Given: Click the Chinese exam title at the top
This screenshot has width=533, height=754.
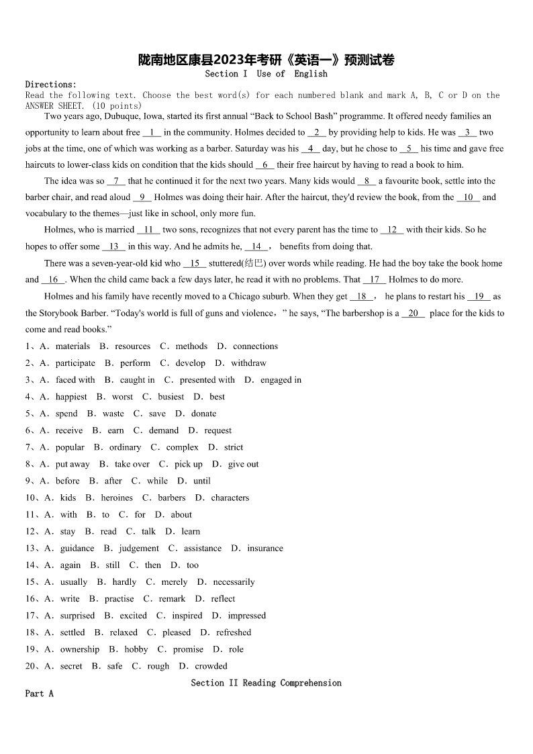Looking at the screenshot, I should click(x=266, y=60).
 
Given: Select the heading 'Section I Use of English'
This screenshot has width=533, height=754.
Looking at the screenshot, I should click(x=266, y=74).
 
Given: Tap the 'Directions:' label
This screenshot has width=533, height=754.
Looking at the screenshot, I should click(x=51, y=85).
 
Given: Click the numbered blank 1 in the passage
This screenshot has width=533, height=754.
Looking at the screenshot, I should click(x=152, y=133).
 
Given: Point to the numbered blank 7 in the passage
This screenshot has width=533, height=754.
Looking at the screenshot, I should click(x=116, y=181).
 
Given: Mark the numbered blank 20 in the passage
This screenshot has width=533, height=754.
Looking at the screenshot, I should click(x=414, y=314).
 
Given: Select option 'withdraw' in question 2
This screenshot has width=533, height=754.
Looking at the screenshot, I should click(x=248, y=363).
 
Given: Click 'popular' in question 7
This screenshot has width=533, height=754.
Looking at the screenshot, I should click(x=70, y=447).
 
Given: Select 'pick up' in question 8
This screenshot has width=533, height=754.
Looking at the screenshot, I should click(x=188, y=464).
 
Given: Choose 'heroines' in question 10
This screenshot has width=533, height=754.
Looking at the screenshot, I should click(x=117, y=498).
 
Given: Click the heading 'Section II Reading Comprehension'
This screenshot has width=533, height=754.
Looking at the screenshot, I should click(x=266, y=683).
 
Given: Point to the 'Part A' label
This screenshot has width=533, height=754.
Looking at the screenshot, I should click(x=39, y=694).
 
